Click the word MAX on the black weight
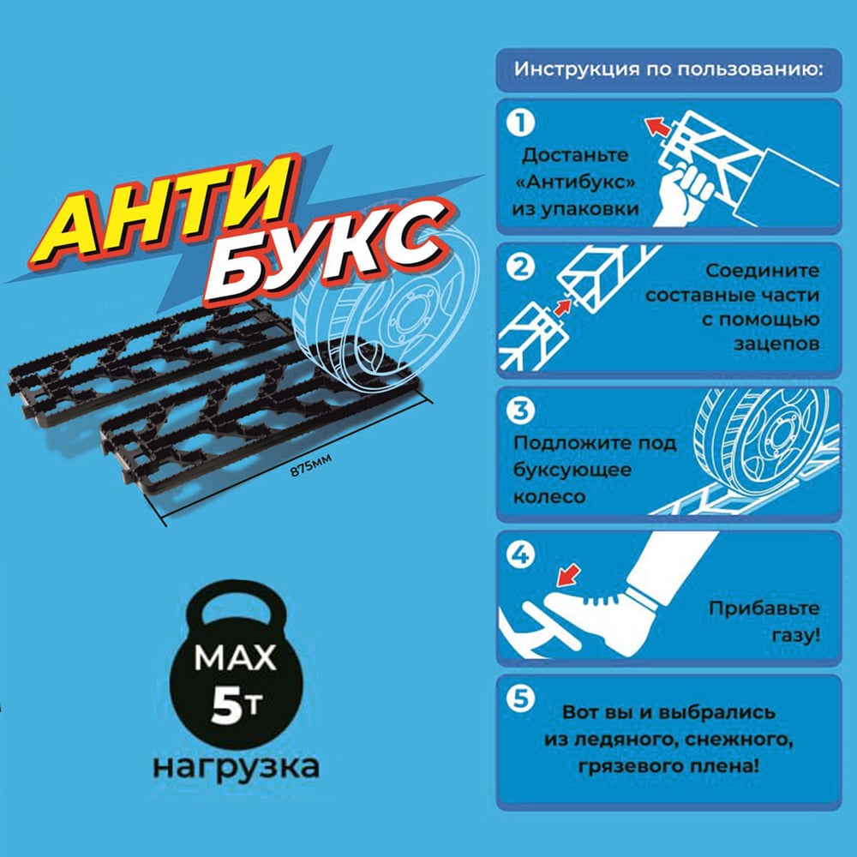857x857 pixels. (x=235, y=658)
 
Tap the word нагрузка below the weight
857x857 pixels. (x=237, y=767)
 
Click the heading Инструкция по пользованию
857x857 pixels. (x=669, y=70)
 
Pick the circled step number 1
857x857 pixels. (x=520, y=123)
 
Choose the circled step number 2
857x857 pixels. (x=520, y=267)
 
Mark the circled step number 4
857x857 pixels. (x=520, y=554)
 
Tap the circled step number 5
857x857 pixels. (x=520, y=698)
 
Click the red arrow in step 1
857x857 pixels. (x=657, y=127)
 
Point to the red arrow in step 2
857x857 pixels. (x=562, y=307)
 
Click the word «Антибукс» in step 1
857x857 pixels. (x=575, y=182)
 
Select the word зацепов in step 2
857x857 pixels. (x=776, y=344)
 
